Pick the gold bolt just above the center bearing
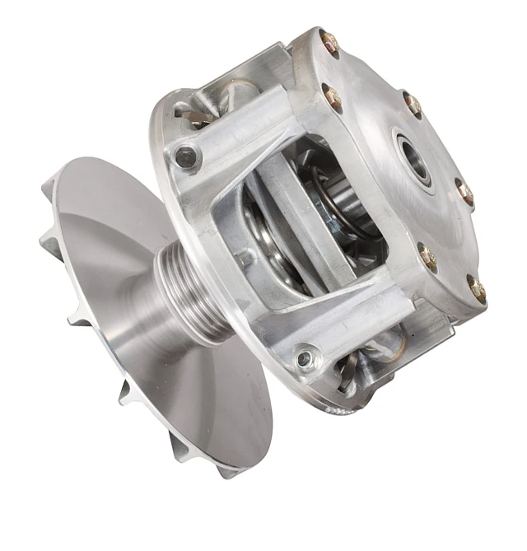click(x=412, y=104)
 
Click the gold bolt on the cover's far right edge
click(x=466, y=193)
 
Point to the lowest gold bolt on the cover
click(x=477, y=287)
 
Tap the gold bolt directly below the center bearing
click(x=427, y=255)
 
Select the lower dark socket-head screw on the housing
click(x=305, y=358)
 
